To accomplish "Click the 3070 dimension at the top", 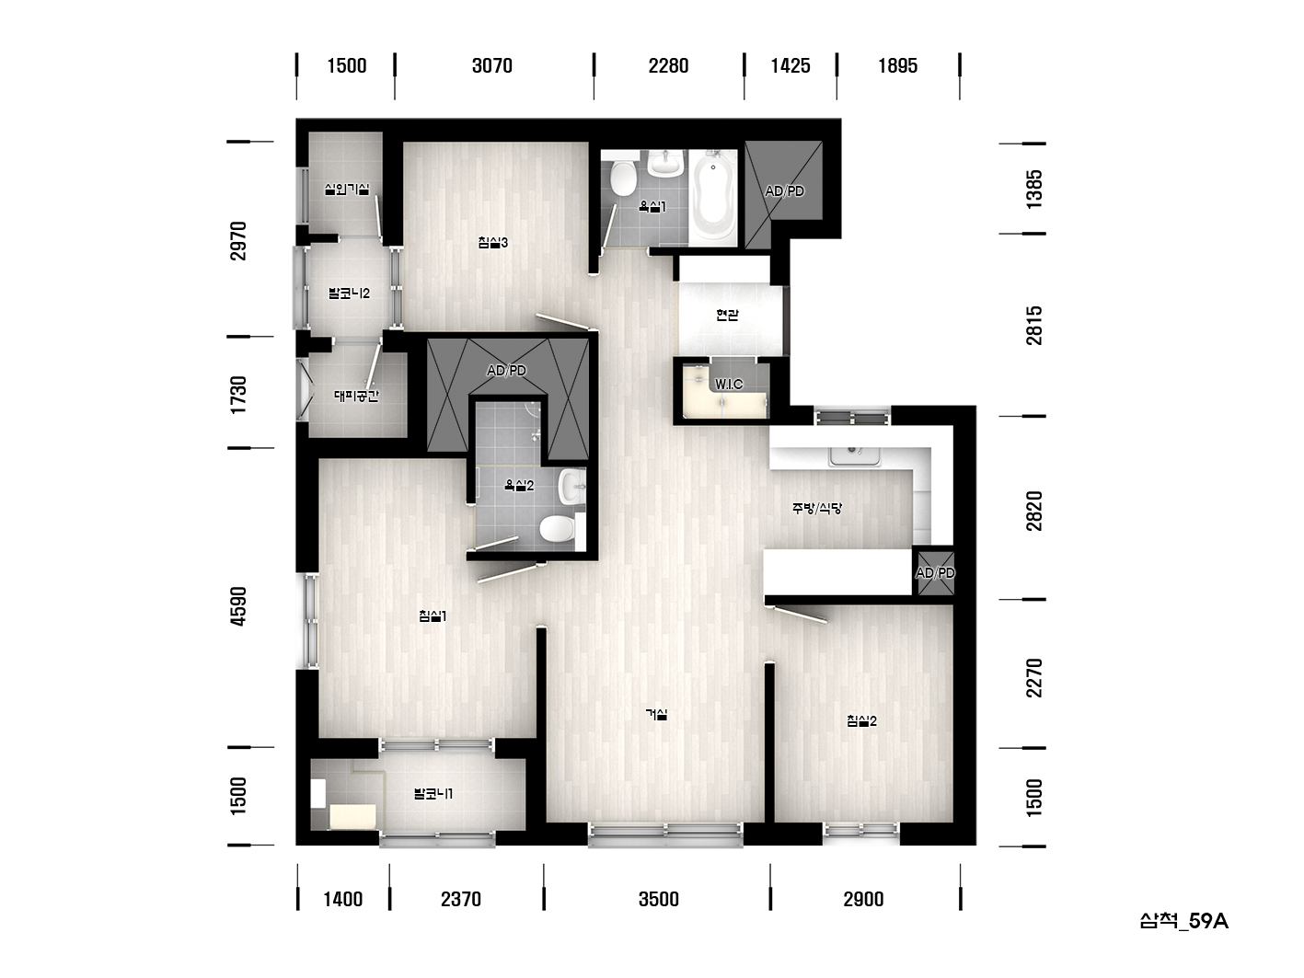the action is pyautogui.click(x=492, y=65).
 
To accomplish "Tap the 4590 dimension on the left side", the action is pyautogui.click(x=238, y=605).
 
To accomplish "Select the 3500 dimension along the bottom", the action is pyautogui.click(x=659, y=899).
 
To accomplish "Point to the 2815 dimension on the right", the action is pyautogui.click(x=1033, y=326).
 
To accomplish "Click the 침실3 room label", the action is pyautogui.click(x=492, y=242).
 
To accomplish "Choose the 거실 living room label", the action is pyautogui.click(x=656, y=714).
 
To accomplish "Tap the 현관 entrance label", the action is pyautogui.click(x=727, y=314).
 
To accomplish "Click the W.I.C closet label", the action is pyautogui.click(x=729, y=385).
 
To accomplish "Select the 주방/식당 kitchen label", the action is pyautogui.click(x=817, y=508).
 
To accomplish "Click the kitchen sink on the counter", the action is pyautogui.click(x=855, y=454).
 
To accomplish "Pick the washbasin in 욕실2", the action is pyautogui.click(x=572, y=487).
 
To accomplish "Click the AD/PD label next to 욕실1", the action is pyautogui.click(x=784, y=191).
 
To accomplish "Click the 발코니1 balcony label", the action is pyautogui.click(x=433, y=793).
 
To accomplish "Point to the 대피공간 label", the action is pyautogui.click(x=356, y=396).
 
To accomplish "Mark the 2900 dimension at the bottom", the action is pyautogui.click(x=863, y=899).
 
